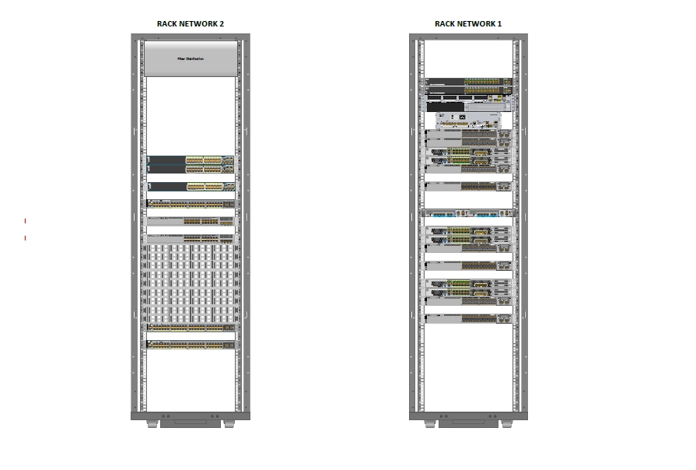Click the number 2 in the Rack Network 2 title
222,24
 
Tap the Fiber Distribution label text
191,58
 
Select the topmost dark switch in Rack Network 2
191,160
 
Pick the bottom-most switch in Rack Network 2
191,345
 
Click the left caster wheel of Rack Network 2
152,424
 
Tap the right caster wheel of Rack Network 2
229,424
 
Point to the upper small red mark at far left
26,221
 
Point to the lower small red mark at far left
26,238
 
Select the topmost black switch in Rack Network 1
469,81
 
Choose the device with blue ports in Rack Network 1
468,212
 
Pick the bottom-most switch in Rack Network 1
468,318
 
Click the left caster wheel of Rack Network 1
431,424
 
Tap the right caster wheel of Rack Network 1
507,424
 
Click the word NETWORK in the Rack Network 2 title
198,24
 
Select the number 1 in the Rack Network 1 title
499,24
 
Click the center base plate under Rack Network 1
469,423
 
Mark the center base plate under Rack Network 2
191,423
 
